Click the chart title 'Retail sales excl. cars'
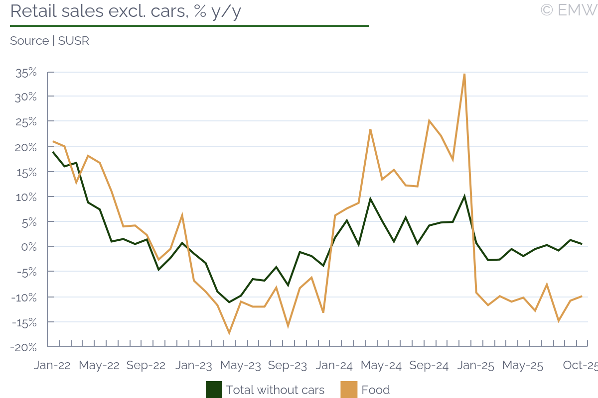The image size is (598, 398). pos(125,11)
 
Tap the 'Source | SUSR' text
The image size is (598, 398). pos(49,41)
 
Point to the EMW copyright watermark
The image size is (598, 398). pos(569,10)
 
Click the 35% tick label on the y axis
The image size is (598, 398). pos(26,73)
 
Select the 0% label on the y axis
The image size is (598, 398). pos(29,247)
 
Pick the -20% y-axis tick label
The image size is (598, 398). pos(24,347)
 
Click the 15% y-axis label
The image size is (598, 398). pos(26,172)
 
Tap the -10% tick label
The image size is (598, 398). pos(24,297)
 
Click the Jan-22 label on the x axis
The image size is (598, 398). pos(52,365)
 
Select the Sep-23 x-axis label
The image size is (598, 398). pos(287,365)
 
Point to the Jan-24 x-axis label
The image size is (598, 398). pos(335,365)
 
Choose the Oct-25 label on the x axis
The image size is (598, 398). pos(580,365)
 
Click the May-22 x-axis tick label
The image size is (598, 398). pos(99,365)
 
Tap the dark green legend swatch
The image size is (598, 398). pos(214,390)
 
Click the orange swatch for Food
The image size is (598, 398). pos(349,390)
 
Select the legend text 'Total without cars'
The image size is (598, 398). pos(275,390)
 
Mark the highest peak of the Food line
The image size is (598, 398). pos(464,74)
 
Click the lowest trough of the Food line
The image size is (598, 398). pos(229,333)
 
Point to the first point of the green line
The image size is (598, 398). pos(53,152)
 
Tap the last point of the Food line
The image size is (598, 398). pos(582,296)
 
